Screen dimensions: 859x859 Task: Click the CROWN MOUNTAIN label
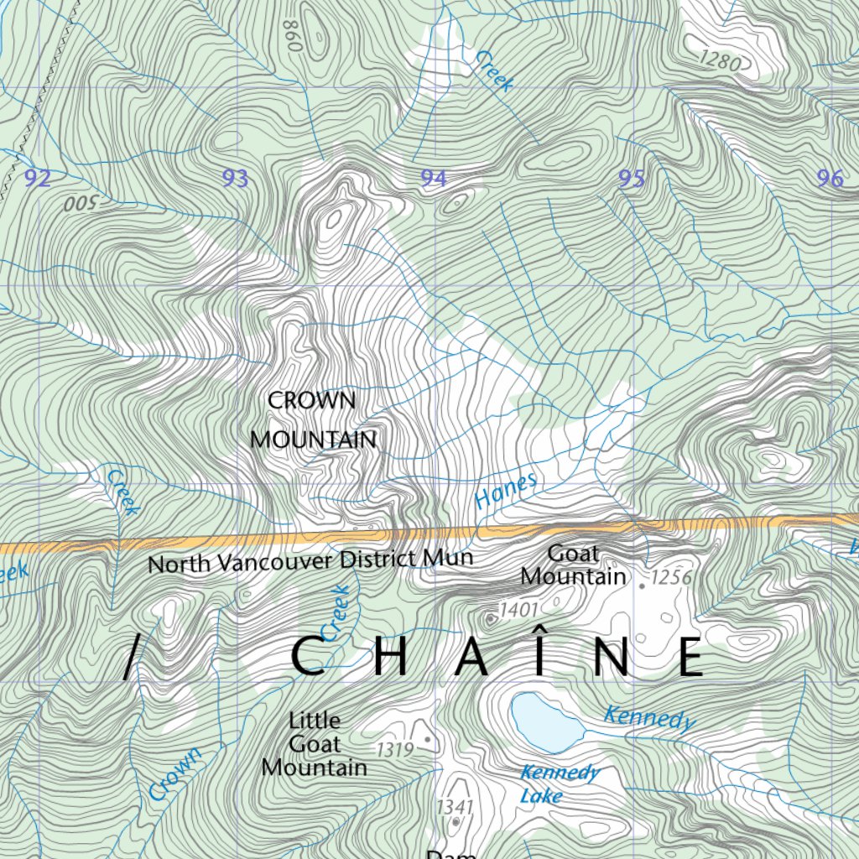[x=313, y=420]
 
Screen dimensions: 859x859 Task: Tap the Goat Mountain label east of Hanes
[x=573, y=565]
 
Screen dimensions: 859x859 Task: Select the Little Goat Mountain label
[x=314, y=744]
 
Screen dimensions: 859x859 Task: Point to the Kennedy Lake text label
[x=559, y=784]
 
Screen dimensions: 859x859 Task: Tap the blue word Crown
[x=175, y=773]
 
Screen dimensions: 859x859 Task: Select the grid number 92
[x=38, y=178]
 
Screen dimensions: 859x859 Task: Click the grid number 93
[x=236, y=178]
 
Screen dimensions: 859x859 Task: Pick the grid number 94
[x=434, y=178]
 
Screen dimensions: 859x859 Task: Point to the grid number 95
[x=631, y=178]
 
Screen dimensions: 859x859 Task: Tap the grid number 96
[x=829, y=178]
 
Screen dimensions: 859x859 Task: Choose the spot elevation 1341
[x=455, y=806]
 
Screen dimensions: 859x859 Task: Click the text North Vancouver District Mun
[x=310, y=560]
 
